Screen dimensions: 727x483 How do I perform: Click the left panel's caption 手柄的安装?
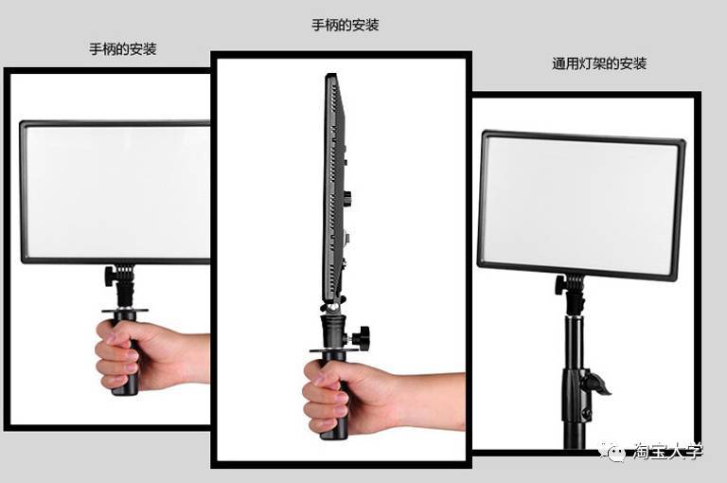pos(123,48)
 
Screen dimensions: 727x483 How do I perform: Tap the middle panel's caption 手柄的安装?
pos(346,25)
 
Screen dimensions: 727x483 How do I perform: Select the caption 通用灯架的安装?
pos(599,63)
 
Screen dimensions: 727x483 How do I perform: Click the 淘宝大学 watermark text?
pos(667,452)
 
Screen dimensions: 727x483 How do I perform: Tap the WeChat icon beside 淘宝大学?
pos(612,451)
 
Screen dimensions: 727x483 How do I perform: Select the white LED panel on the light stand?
pos(581,206)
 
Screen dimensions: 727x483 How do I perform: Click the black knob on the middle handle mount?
pos(362,335)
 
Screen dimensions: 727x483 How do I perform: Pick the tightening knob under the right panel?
pos(560,284)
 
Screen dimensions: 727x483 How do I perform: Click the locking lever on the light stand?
pos(596,382)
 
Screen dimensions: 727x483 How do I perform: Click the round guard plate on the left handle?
pos(125,311)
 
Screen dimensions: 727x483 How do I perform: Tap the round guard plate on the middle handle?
pos(333,349)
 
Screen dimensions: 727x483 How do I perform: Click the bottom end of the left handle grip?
pos(125,393)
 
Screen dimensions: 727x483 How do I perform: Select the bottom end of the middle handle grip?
pos(334,438)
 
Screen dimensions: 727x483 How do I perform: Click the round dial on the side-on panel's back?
pos(347,197)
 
